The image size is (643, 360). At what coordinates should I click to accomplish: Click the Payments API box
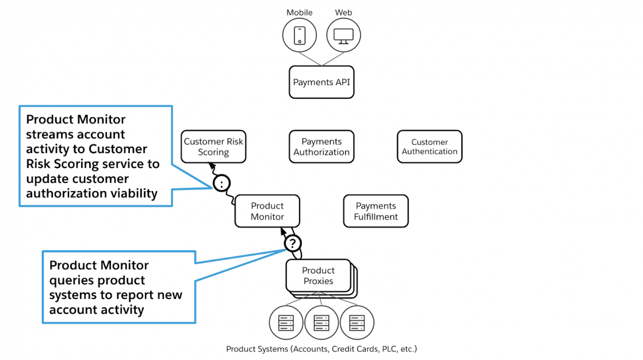321,82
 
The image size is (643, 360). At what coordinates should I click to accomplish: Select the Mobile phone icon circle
299,36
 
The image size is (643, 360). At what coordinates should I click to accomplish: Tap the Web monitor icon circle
344,36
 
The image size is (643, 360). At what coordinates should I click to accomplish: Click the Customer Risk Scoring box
213,147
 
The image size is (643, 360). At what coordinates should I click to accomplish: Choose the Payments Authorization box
321,147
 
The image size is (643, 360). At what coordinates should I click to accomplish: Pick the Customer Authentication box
429,147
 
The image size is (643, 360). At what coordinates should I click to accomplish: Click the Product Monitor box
267,211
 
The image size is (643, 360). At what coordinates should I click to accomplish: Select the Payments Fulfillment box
376,211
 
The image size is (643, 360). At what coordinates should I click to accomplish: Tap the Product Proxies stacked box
318,276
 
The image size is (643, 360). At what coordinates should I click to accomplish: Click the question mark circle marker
293,244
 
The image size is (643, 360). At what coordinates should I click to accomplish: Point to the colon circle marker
222,183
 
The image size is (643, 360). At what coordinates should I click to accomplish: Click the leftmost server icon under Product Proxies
286,323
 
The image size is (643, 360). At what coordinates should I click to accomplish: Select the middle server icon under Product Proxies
321,323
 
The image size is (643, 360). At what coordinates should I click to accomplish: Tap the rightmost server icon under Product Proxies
357,323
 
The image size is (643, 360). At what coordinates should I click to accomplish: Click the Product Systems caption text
321,349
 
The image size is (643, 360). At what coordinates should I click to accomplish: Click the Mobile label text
299,13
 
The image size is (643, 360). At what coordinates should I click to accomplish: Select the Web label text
344,13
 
